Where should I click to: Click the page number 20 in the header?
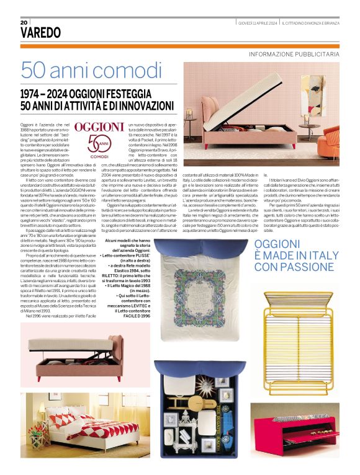[24, 22]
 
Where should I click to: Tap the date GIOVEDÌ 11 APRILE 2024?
[258, 23]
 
